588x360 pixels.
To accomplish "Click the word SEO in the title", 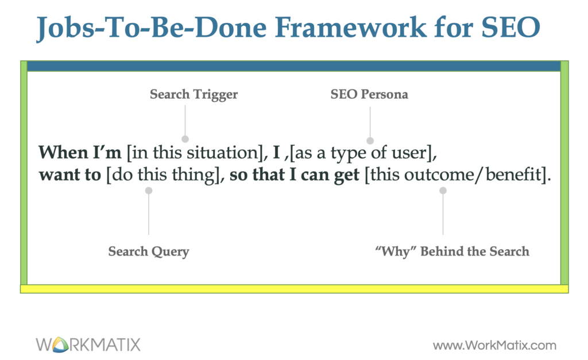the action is (x=510, y=27).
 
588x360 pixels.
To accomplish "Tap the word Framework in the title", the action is (x=351, y=27).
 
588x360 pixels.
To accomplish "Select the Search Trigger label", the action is (x=194, y=95).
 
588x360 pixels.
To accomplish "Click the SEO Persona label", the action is (x=369, y=94).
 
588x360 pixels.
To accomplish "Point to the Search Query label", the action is (x=149, y=251).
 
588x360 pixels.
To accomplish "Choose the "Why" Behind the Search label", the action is (x=452, y=251).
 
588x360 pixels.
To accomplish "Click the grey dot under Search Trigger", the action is (x=185, y=139).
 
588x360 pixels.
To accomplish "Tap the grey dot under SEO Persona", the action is (x=370, y=141).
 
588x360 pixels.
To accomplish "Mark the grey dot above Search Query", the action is (x=149, y=191).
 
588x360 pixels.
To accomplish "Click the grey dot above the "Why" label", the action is (x=443, y=191).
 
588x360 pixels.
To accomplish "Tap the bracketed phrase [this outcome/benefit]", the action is (x=456, y=175).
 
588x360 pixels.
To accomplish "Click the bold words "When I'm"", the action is (x=80, y=153).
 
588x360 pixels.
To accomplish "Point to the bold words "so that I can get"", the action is (x=295, y=175).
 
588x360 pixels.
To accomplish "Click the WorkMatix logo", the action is (x=88, y=344).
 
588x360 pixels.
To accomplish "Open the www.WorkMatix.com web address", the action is (x=494, y=346).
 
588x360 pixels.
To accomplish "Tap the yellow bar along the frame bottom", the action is (x=295, y=289).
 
